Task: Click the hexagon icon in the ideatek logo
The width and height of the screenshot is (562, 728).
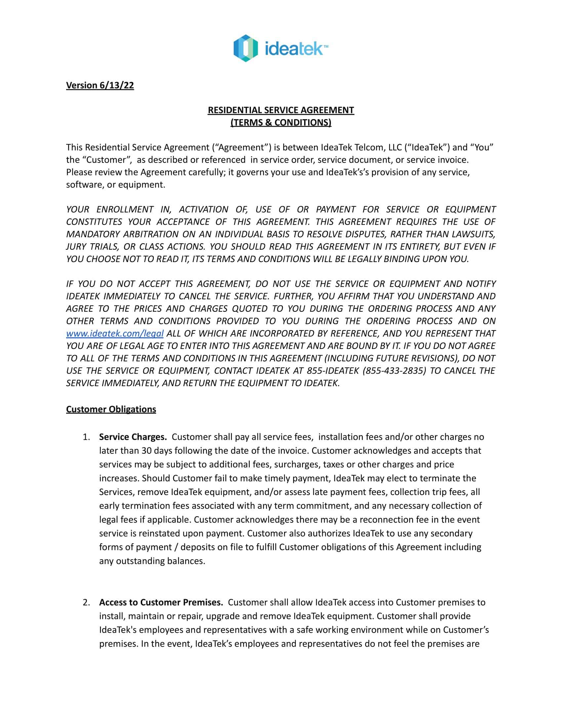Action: [x=246, y=48]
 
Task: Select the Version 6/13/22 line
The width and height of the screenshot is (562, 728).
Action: [x=100, y=85]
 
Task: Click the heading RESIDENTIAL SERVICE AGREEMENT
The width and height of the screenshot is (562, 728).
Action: [x=281, y=110]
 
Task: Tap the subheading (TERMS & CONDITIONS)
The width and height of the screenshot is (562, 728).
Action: [x=281, y=122]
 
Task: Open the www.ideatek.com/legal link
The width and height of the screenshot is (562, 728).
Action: [x=114, y=333]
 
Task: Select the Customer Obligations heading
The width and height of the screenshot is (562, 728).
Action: [x=111, y=409]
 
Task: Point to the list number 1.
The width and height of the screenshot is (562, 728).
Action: [x=86, y=437]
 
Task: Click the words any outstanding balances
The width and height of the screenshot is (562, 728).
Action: [x=152, y=561]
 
